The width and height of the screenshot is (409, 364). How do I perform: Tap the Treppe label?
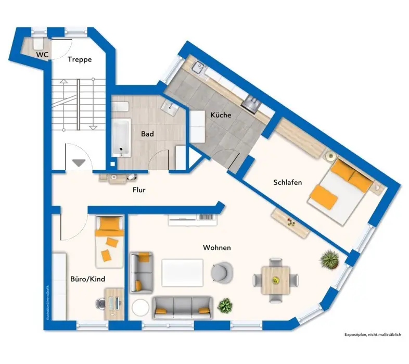tap(80, 59)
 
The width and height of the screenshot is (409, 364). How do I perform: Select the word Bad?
tap(147, 134)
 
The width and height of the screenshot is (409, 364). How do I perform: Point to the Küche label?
tap(221, 115)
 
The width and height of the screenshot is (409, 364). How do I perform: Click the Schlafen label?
tap(287, 182)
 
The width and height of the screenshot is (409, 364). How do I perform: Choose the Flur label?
tap(138, 190)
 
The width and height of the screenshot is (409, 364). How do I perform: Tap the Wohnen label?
tap(216, 248)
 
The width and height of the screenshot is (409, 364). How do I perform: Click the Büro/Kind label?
tap(88, 279)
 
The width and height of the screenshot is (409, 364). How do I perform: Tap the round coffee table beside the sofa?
tap(140, 307)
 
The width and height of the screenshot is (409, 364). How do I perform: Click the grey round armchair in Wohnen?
tap(222, 271)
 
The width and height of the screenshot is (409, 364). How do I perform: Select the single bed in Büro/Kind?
tap(109, 241)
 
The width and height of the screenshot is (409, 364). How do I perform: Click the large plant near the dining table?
tap(329, 257)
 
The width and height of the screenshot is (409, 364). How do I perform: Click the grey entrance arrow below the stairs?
tap(79, 163)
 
